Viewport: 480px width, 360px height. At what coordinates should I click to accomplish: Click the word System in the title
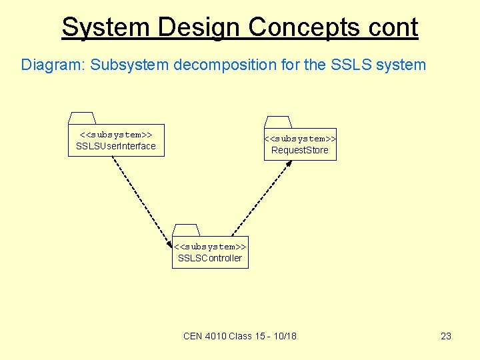coord(106,27)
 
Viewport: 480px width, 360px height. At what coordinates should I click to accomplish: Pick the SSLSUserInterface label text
coord(116,146)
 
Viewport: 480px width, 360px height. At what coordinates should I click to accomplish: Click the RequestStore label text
coord(300,150)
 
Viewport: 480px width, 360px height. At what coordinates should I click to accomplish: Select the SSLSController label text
coord(210,258)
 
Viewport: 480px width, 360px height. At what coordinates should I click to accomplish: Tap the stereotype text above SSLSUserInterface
coord(116,135)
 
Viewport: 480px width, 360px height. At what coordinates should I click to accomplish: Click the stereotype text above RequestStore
coord(300,139)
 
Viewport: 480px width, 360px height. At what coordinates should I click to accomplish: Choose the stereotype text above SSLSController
coord(210,247)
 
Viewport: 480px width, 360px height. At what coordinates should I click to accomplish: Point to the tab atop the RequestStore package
coord(278,122)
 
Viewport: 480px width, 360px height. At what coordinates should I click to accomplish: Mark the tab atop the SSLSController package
coord(186,230)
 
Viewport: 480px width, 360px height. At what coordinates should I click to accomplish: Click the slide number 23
coord(446,336)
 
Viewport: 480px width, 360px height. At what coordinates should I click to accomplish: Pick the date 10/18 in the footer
coord(285,336)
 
